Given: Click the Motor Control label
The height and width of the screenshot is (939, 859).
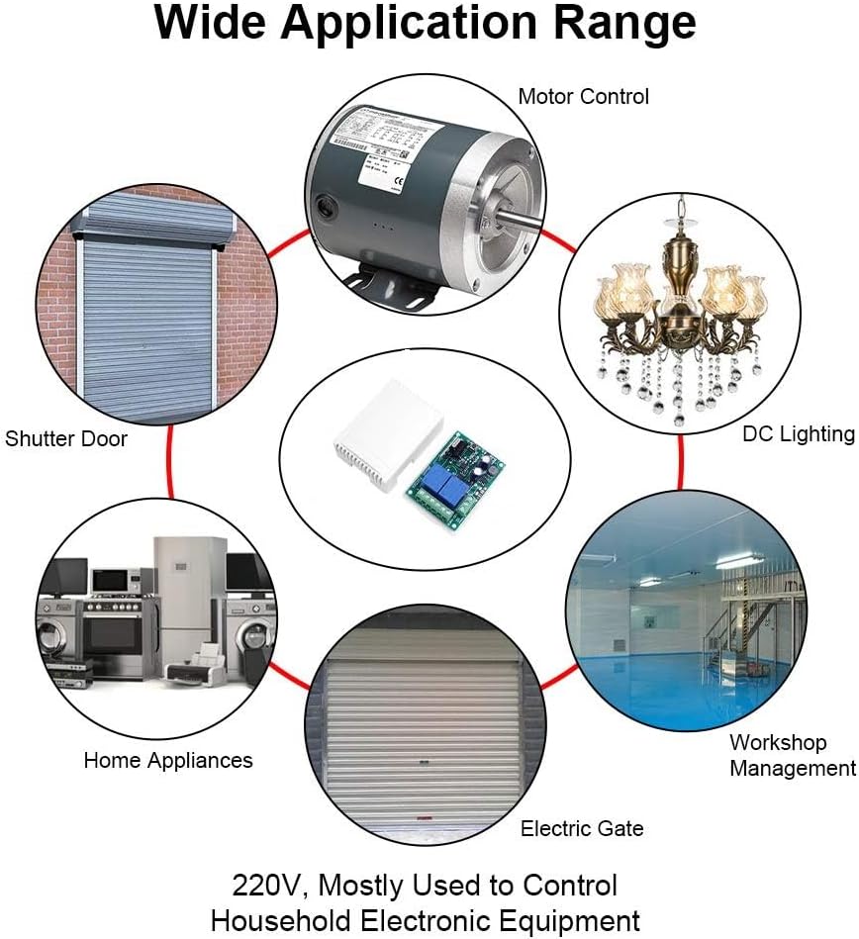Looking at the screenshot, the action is pos(583,97).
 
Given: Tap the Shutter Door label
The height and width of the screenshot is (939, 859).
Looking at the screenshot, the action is pos(66,438).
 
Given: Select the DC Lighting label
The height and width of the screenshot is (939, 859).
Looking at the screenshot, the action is pos(798,433).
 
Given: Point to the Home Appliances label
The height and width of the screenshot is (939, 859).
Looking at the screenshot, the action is pos(168,760).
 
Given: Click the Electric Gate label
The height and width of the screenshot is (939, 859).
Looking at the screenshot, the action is pos(582,828).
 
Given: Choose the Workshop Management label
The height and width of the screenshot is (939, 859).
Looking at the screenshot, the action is pos(792,755).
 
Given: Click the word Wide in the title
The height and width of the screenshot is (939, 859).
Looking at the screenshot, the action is pos(205,25).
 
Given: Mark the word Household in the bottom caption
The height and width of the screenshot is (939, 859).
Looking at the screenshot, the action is pos(288,920).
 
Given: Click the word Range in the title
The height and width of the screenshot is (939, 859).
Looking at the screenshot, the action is pos(626,25).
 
